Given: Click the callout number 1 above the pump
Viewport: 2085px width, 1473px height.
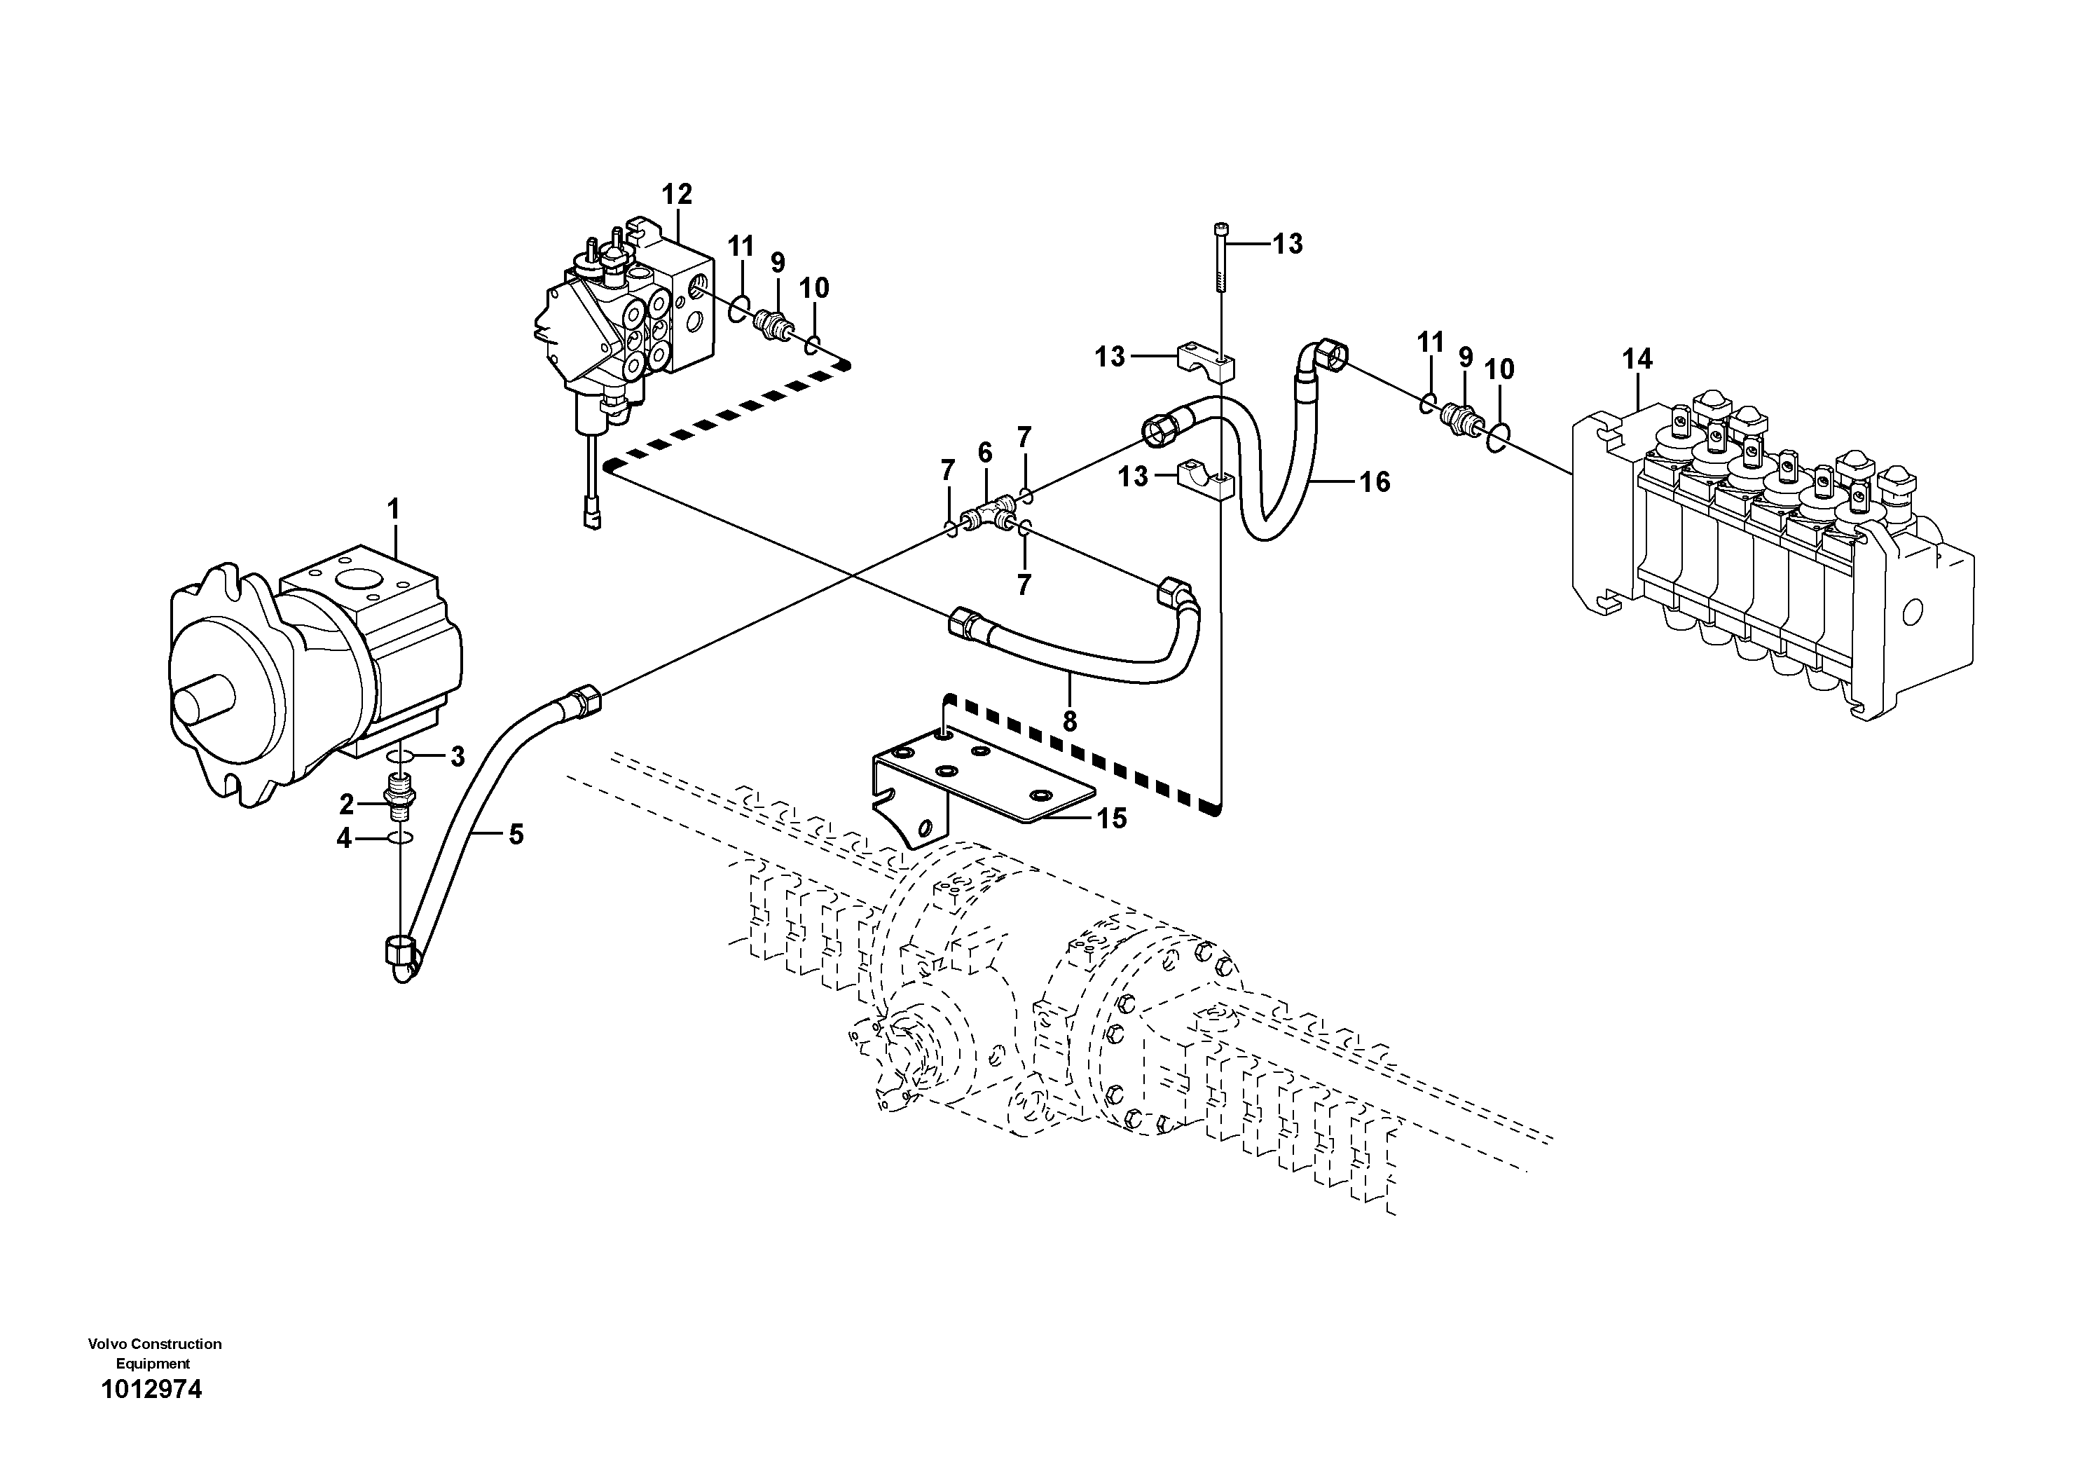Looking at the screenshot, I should click(393, 510).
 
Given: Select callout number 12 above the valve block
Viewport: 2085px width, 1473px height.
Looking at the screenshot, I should click(677, 193).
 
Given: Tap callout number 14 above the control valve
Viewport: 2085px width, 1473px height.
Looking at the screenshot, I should click(1637, 359).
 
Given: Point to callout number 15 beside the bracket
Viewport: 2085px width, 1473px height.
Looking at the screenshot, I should click(1112, 818).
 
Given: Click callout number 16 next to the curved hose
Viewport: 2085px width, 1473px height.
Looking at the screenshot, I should click(1375, 481).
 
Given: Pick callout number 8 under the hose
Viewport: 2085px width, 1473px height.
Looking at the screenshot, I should click(1070, 722).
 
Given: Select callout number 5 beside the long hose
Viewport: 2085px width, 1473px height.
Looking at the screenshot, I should click(516, 834).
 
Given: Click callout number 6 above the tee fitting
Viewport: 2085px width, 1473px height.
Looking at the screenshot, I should click(985, 452).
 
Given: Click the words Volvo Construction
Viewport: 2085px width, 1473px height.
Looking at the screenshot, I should click(154, 1343).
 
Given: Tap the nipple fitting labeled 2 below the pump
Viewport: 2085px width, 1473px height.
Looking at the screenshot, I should click(399, 795).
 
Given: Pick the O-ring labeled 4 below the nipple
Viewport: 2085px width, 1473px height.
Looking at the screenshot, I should click(399, 837).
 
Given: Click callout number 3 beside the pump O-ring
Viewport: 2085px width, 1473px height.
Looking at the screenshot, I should click(457, 755).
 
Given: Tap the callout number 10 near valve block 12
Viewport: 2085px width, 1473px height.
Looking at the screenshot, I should click(813, 289).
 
